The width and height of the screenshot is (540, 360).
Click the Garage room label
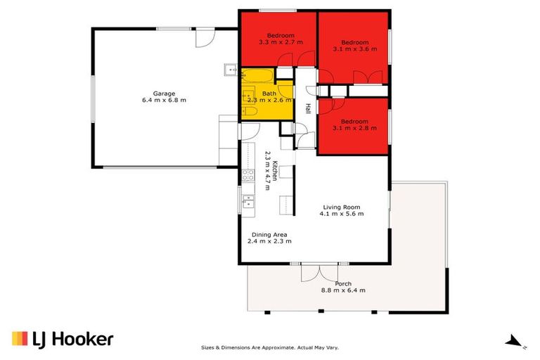pos(165,93)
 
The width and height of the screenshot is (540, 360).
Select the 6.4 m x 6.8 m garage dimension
pos(165,101)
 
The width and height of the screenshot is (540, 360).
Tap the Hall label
pos(308,109)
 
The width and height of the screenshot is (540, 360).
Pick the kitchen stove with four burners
pos(247,176)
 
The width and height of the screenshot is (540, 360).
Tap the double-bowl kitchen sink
pos(247,202)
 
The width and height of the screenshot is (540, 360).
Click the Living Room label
pos(342,207)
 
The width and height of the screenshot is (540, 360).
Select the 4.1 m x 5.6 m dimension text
pos(342,214)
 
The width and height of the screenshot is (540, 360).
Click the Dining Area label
pos(269,234)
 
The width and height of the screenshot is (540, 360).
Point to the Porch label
pos(343,283)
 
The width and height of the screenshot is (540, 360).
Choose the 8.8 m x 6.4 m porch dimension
pos(343,290)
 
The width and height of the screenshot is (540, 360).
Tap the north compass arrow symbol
pos(513,341)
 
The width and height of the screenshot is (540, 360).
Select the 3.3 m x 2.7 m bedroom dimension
pos(281,43)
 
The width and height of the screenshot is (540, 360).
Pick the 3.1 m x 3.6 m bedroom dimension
pos(355,50)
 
